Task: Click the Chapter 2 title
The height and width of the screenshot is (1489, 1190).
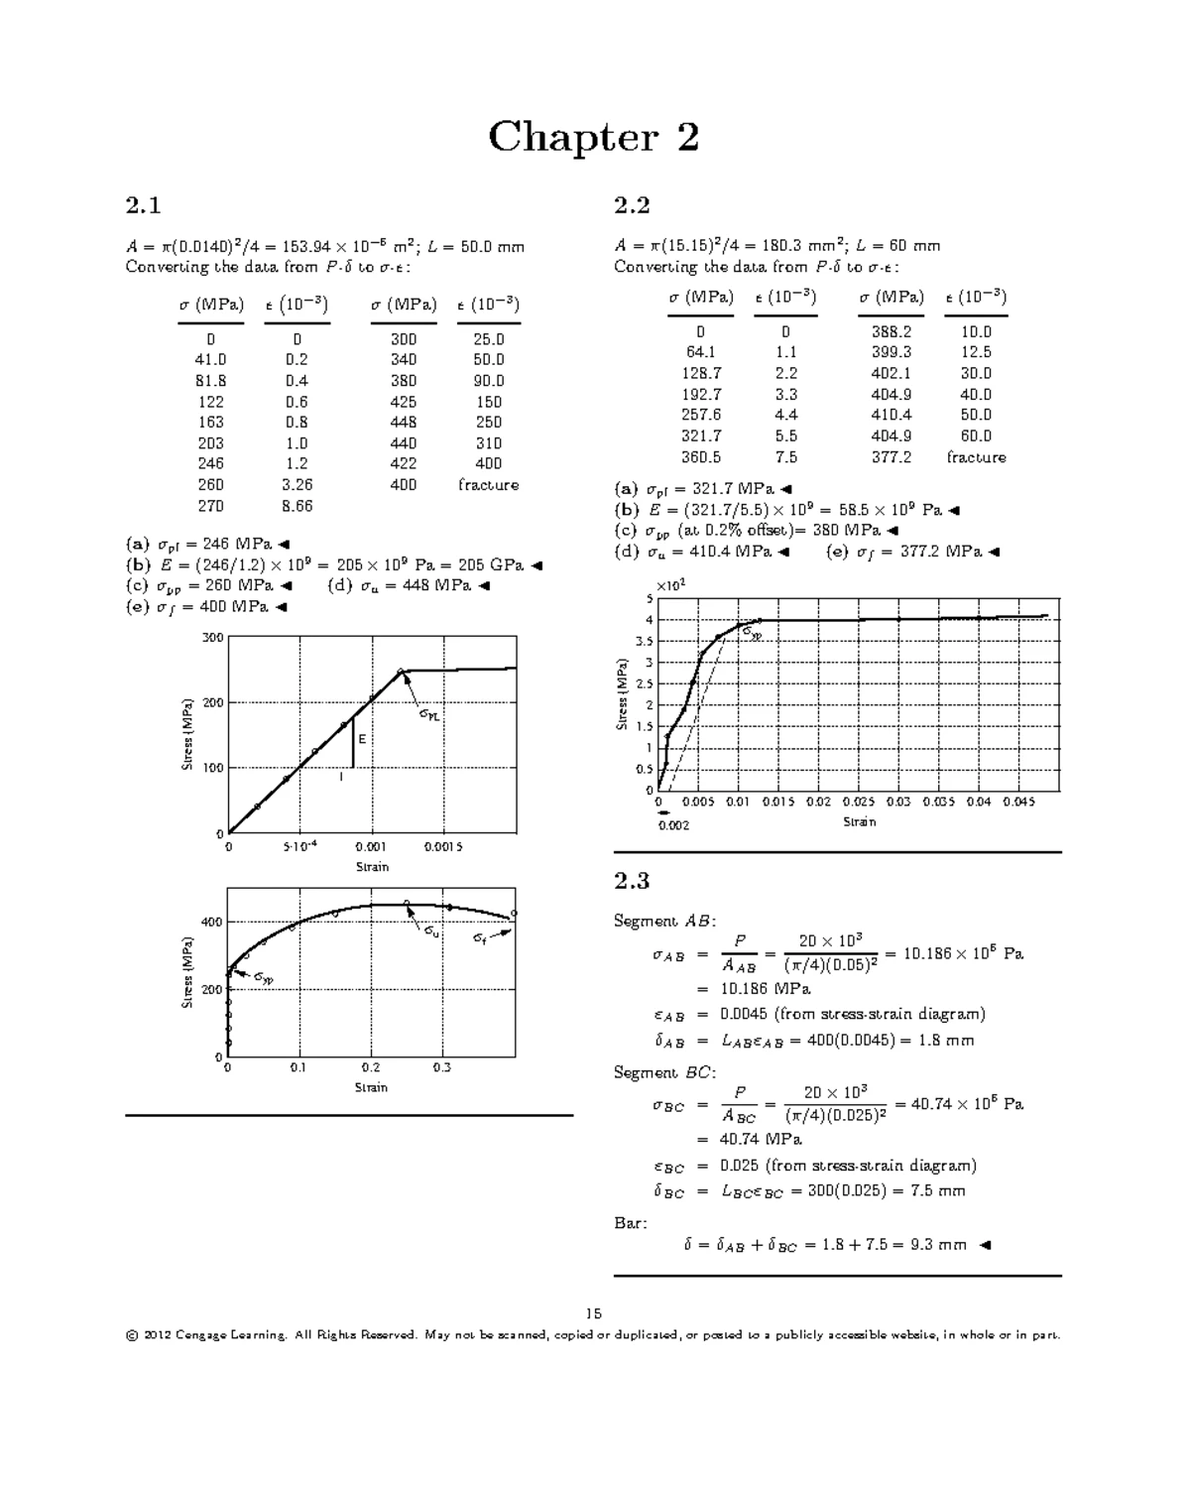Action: click(593, 137)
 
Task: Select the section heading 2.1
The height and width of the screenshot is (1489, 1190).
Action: click(143, 205)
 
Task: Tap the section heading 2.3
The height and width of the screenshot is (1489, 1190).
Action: click(632, 881)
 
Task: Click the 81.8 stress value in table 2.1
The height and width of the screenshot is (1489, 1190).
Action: click(210, 381)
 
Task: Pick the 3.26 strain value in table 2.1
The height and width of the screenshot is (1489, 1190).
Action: click(297, 485)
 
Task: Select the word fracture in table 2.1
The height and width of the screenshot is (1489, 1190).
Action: click(488, 485)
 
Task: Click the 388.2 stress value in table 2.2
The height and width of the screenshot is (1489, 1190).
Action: click(891, 332)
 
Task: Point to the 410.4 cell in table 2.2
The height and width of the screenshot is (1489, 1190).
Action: click(891, 416)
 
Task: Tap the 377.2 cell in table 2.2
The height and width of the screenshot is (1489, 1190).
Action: click(891, 457)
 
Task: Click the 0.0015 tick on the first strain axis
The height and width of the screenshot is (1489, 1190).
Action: click(442, 847)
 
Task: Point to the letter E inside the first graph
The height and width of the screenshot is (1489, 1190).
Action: click(362, 739)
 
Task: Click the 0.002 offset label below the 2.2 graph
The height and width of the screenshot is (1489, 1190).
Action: click(673, 825)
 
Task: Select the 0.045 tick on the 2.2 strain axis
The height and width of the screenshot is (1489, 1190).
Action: click(1018, 802)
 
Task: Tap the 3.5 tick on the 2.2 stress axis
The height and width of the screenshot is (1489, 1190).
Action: click(644, 642)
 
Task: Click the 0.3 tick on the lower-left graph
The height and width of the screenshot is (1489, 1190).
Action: click(441, 1067)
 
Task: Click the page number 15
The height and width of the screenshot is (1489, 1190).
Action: click(593, 1313)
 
